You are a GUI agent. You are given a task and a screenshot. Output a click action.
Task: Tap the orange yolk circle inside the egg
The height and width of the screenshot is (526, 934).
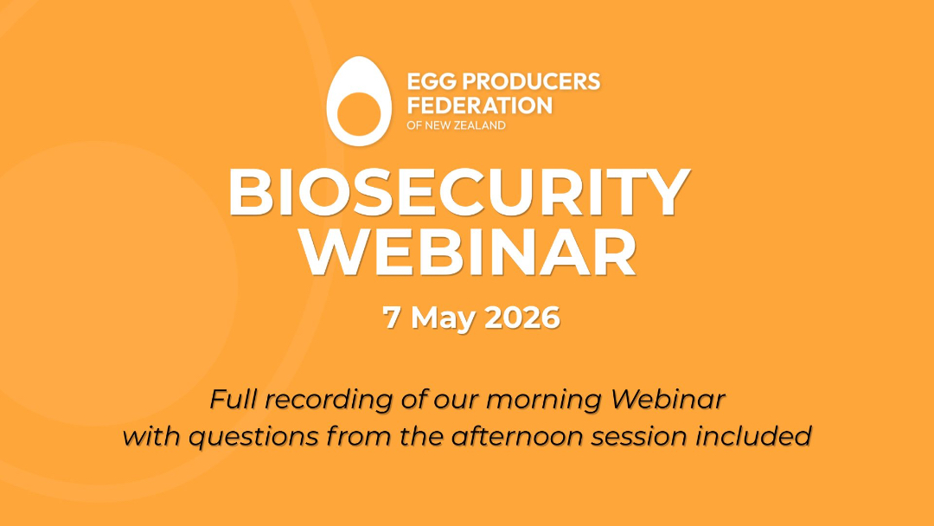[359, 113]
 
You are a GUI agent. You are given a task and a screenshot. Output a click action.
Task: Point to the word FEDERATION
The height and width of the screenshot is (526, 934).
[479, 106]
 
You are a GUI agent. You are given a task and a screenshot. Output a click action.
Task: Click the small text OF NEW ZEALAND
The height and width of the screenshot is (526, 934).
[457, 125]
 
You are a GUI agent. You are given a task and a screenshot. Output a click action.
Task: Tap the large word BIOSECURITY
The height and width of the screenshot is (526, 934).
[458, 193]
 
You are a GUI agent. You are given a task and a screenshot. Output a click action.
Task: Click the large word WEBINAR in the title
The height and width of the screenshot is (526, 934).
[468, 253]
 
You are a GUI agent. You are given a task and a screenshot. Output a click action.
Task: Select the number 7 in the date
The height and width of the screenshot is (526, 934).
[392, 318]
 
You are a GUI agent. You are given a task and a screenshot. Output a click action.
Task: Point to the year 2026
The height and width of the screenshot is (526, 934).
[522, 318]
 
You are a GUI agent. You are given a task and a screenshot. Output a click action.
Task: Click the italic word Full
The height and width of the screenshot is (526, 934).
[233, 399]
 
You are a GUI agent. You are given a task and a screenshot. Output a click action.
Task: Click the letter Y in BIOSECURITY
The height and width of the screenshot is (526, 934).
[667, 193]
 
